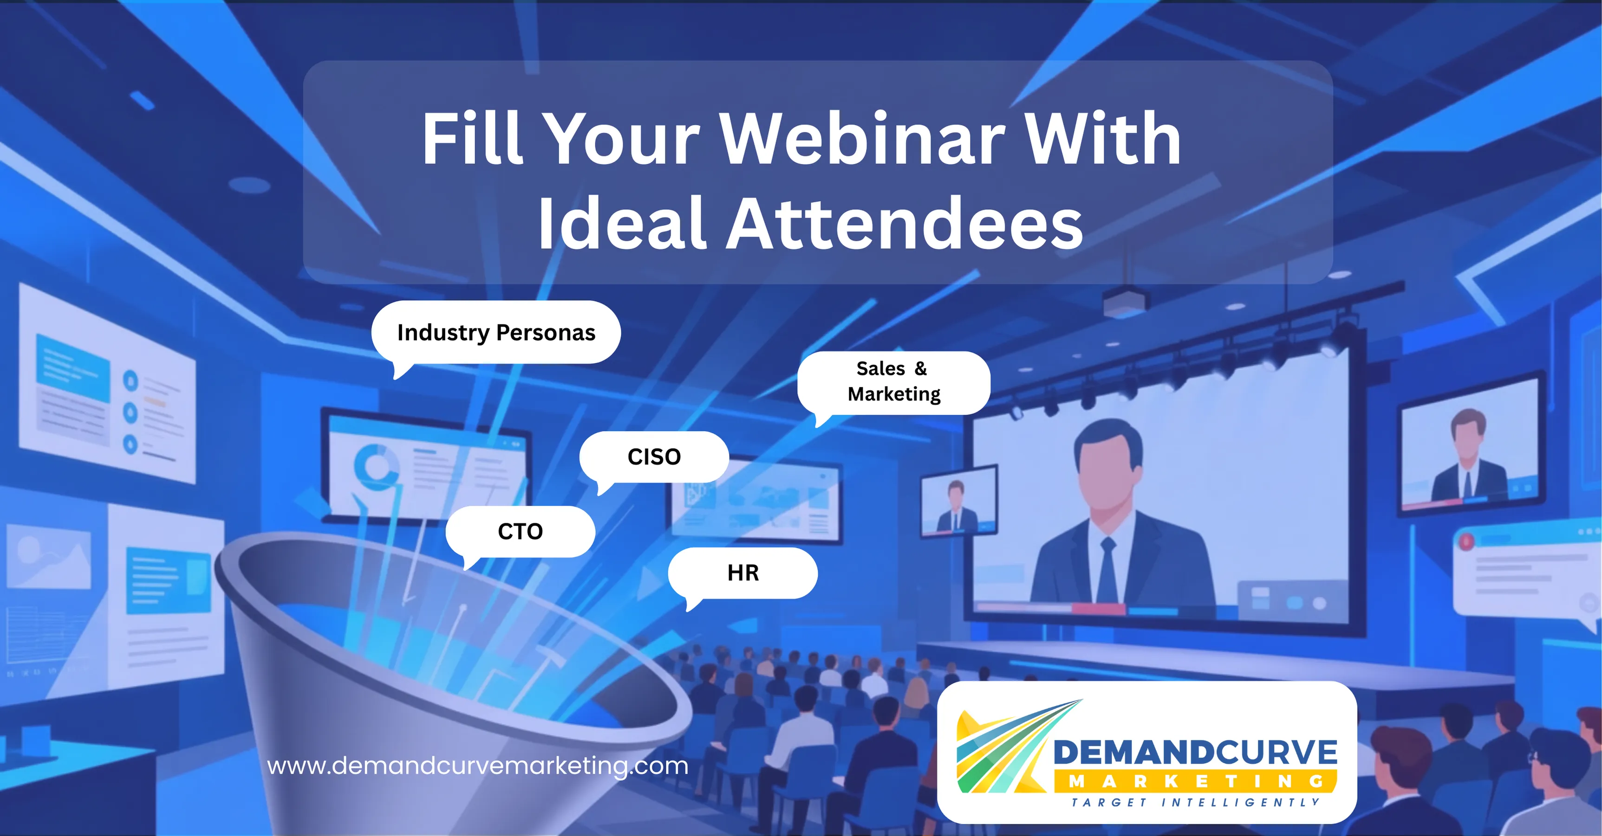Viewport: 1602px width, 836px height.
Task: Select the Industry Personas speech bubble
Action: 495,333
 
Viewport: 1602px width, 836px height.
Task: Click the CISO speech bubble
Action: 654,457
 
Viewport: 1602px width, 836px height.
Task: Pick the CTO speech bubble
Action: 520,532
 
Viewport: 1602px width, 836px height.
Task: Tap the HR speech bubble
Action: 742,572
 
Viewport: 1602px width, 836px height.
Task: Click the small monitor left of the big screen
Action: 957,501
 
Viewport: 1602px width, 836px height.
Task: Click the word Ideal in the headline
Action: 621,224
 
